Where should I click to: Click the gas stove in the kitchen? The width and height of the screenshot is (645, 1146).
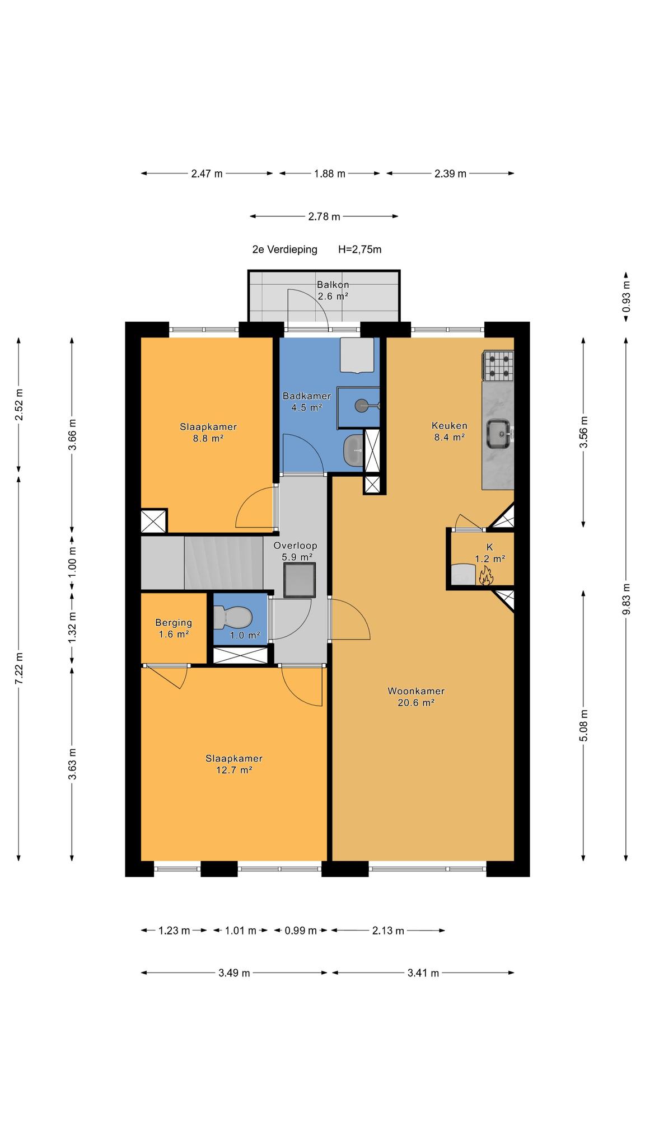497,366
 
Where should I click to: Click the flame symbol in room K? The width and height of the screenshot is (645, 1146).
485,575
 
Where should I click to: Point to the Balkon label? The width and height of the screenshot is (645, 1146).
333,285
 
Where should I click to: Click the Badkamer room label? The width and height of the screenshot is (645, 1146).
306,396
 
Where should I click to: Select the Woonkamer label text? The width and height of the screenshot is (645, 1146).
416,691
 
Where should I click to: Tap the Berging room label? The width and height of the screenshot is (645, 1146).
174,623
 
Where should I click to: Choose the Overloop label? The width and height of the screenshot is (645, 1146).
296,546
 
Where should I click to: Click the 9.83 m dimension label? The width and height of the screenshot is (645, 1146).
626,599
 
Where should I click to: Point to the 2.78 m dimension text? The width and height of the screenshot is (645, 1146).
324,217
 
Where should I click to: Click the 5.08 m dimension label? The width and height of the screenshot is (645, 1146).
583,725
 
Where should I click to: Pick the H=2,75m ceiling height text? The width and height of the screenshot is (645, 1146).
359,250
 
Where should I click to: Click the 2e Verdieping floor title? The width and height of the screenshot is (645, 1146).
284,250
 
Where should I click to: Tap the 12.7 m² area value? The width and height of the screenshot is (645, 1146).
234,770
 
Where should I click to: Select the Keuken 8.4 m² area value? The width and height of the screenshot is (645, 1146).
450,438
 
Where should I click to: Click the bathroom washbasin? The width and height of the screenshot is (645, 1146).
353,449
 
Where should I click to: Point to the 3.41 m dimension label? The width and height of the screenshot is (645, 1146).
423,973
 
